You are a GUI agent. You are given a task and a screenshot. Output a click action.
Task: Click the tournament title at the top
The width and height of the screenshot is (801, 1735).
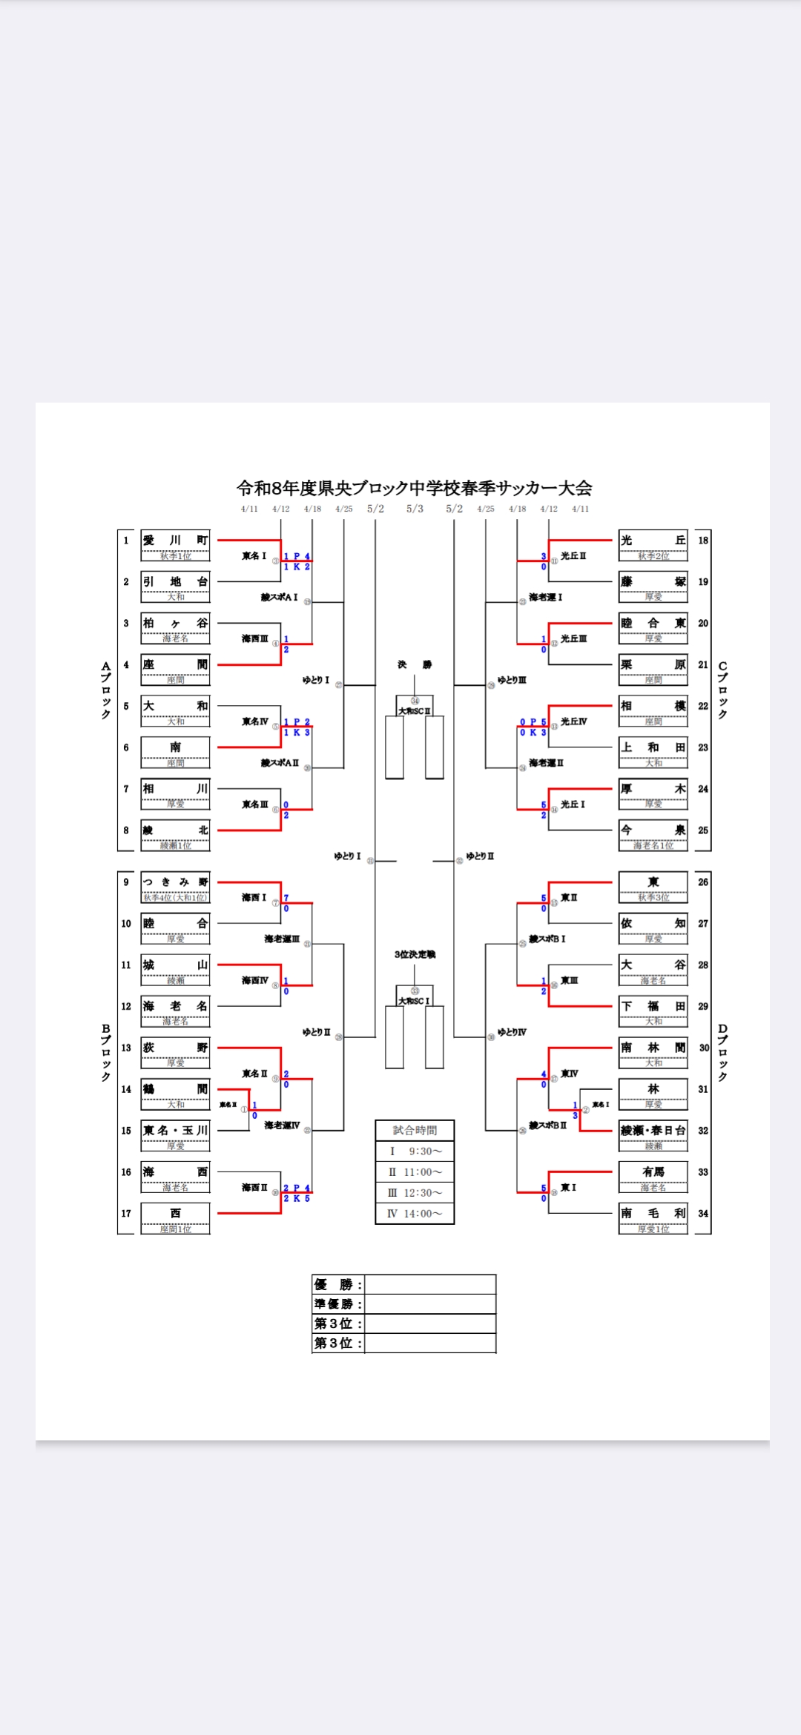click(414, 488)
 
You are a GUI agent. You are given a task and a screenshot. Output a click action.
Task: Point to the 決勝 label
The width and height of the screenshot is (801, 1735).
click(415, 664)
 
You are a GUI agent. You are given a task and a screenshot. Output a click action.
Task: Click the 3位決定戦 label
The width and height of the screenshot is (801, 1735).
click(415, 954)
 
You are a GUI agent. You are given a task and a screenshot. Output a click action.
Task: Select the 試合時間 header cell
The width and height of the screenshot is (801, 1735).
click(415, 1130)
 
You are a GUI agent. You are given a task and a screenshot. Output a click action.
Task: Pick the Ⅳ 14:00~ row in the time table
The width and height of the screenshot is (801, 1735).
click(415, 1214)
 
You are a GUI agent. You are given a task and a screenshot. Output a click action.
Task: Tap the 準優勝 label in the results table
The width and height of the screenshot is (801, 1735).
click(338, 1304)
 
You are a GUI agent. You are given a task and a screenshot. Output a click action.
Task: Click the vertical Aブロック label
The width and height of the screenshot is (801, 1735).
click(106, 690)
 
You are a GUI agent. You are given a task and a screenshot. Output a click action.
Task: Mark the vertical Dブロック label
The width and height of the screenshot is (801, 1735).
click(722, 1053)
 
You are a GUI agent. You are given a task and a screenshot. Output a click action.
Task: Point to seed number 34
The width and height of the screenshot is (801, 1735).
click(703, 1214)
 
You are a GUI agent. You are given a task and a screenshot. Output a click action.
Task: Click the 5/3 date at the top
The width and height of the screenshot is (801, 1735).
click(415, 509)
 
